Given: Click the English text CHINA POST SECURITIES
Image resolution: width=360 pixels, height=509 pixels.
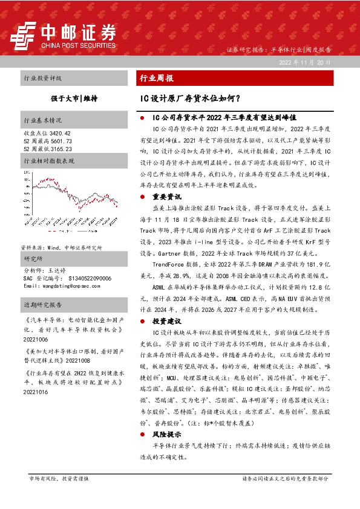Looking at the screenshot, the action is coord(78,45).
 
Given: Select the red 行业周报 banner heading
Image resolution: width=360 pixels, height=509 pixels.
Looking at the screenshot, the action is coord(157,79).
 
